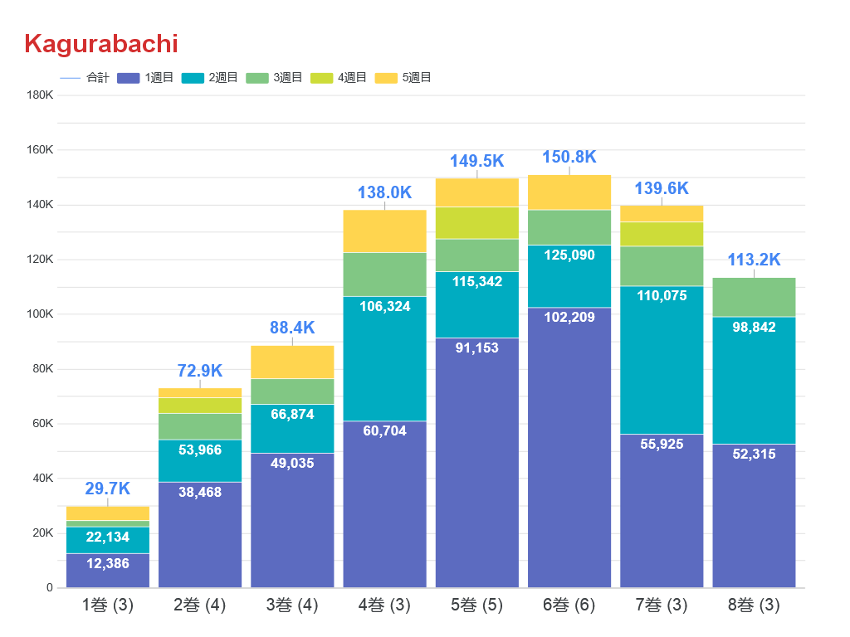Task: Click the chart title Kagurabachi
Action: pos(101,43)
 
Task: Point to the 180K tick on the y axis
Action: pos(40,95)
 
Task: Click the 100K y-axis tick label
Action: pos(40,314)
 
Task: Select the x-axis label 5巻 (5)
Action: pos(476,605)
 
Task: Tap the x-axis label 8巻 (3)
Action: pos(754,605)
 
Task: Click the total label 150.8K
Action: pos(569,158)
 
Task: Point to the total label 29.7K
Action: pos(108,489)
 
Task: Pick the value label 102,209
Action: pos(569,317)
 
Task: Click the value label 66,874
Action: pos(292,414)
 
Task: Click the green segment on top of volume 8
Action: pos(754,297)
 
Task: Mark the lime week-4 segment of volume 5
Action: pos(476,222)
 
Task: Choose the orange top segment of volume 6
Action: pos(569,192)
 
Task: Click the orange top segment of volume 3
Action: pos(292,362)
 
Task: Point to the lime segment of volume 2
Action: pos(200,405)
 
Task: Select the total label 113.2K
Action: pos(754,260)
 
